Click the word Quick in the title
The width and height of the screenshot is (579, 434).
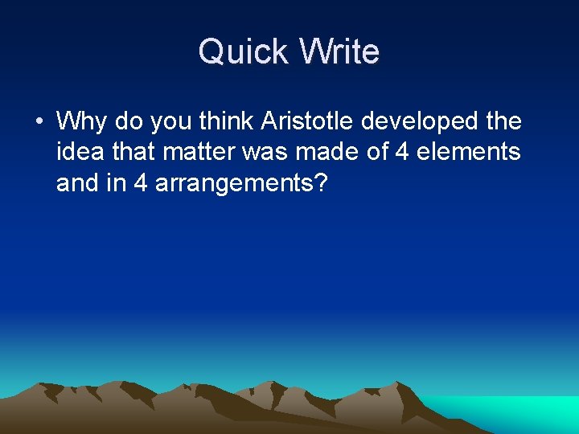point(244,52)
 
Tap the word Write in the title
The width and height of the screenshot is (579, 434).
point(339,52)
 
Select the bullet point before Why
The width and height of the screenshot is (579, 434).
point(38,122)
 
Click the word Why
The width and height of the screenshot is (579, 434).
point(83,122)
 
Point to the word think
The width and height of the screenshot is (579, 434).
point(226,122)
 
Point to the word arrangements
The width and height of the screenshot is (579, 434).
point(233,184)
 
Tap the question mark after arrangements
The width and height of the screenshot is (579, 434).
point(322,183)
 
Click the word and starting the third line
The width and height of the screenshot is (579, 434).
point(77,183)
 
